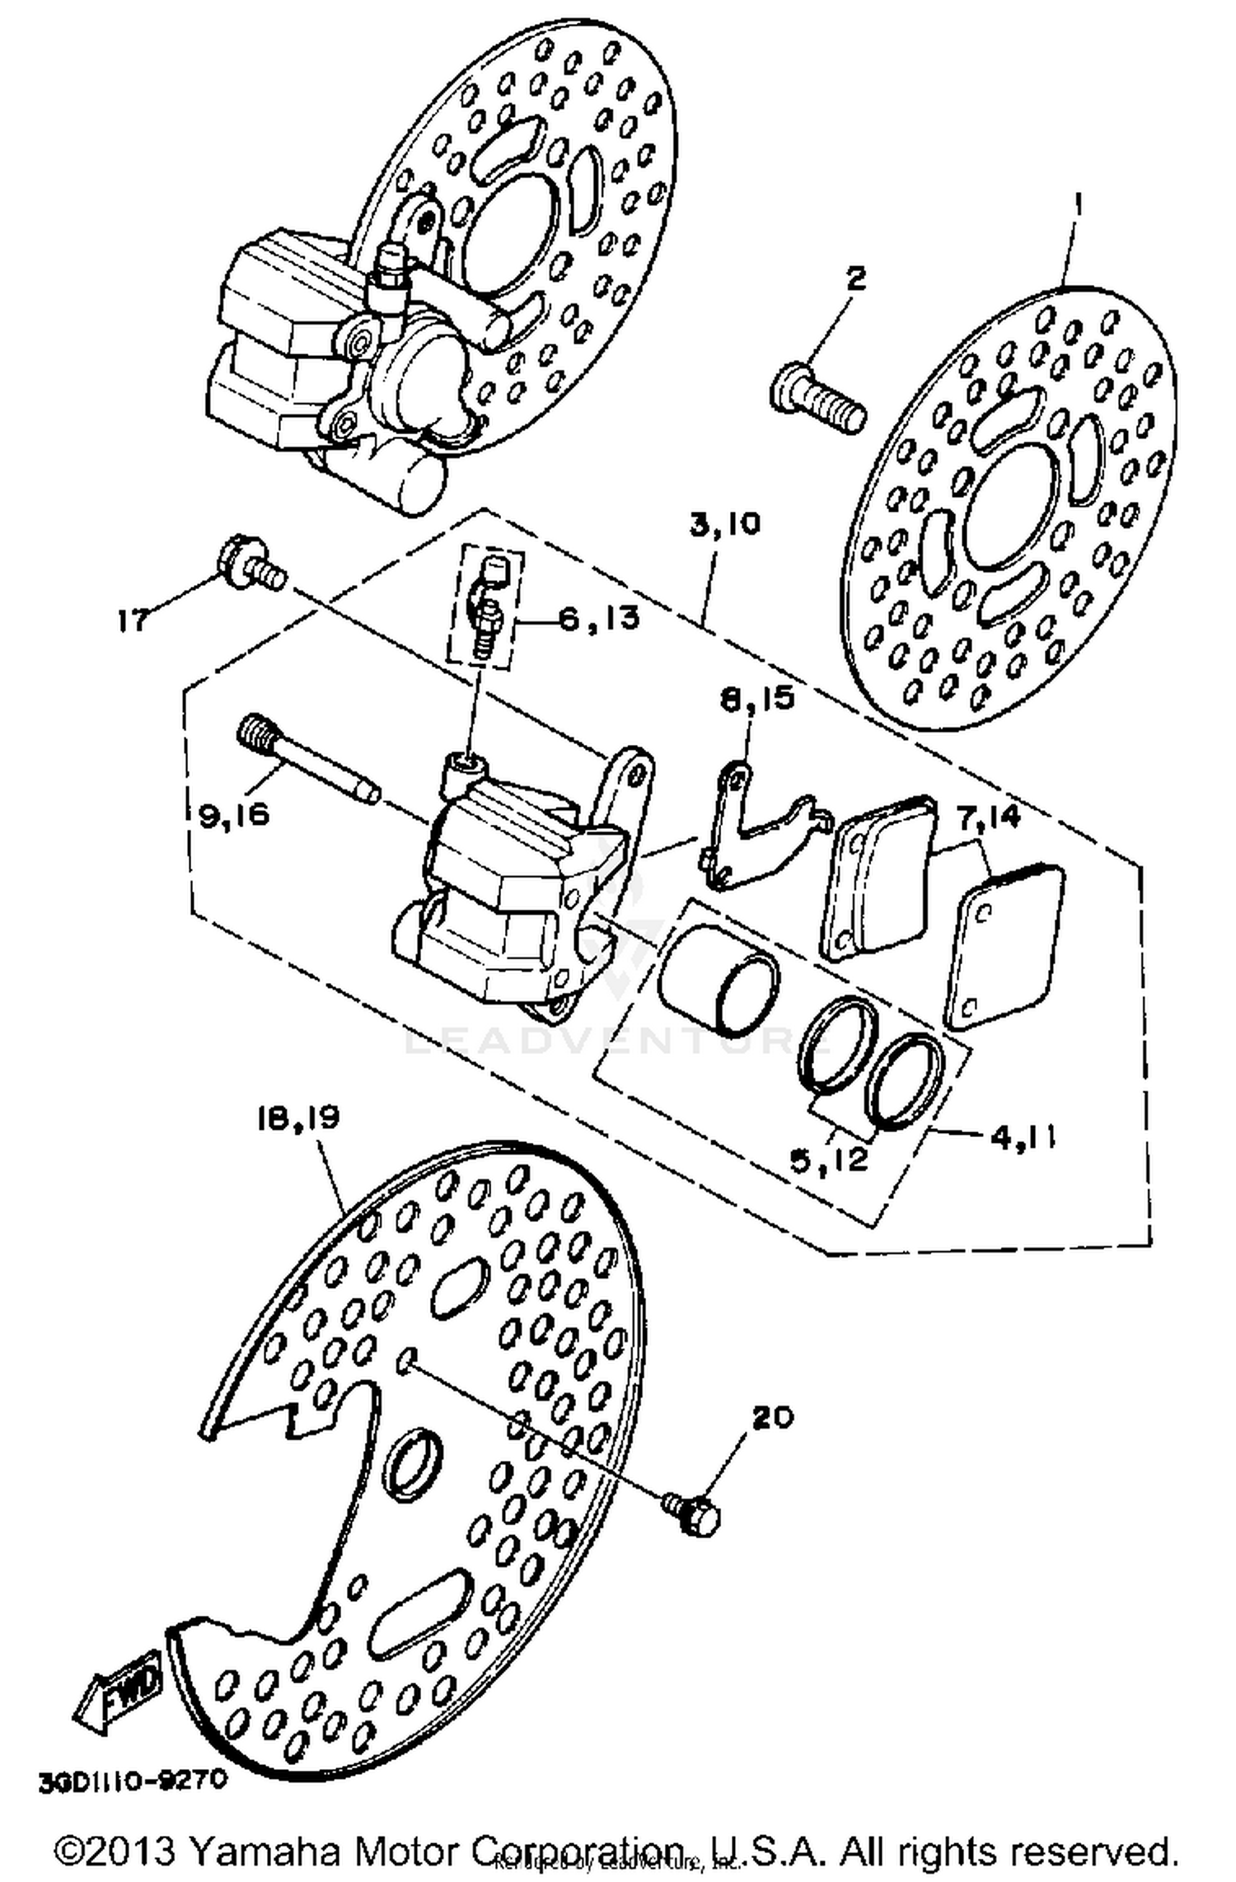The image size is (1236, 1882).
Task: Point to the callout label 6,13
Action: pyautogui.click(x=599, y=618)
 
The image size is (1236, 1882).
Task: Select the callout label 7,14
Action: pyautogui.click(x=989, y=817)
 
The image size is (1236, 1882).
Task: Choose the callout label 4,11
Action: pyautogui.click(x=1023, y=1137)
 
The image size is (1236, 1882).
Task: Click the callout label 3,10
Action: pyautogui.click(x=725, y=525)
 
